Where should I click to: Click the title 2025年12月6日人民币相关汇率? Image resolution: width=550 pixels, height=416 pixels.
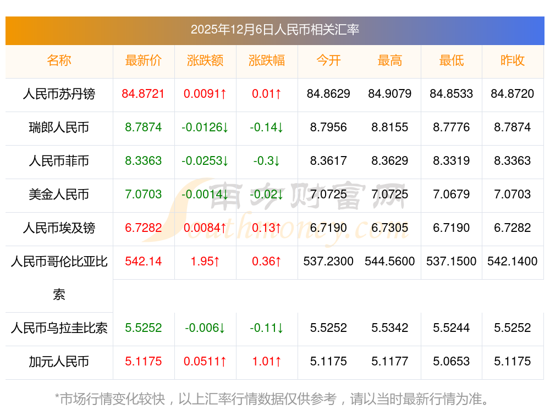coord(274,30)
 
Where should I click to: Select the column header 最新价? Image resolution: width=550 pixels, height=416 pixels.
coord(144,60)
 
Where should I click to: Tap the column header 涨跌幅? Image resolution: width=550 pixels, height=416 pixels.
coord(267,60)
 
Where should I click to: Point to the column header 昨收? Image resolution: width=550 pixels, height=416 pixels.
coord(513,60)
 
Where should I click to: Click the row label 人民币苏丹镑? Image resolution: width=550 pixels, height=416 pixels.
coord(59,94)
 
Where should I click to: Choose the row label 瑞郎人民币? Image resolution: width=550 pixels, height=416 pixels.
coord(59,127)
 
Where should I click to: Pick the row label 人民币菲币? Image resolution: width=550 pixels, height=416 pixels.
coord(59,161)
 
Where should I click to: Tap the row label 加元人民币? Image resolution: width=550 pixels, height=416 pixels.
coord(59,362)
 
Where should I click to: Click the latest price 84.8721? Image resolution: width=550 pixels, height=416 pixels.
coord(144,94)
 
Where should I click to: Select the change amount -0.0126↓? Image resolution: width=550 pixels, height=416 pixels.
coord(205,127)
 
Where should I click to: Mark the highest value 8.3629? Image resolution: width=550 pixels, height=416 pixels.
coord(390,161)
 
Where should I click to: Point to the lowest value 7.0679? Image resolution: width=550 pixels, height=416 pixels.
coord(452,195)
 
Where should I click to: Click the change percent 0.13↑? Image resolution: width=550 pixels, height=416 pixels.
coord(267,228)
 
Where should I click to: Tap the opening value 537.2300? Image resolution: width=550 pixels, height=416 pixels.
coord(328,262)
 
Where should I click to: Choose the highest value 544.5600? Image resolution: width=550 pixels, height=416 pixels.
coord(390,262)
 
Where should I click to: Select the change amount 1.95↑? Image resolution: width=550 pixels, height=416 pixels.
coord(205,262)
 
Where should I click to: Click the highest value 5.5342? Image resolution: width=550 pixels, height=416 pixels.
coord(390,328)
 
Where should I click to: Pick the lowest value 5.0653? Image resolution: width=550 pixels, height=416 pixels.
coord(452,362)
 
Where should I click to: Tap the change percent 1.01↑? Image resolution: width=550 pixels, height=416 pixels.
coord(267,362)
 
